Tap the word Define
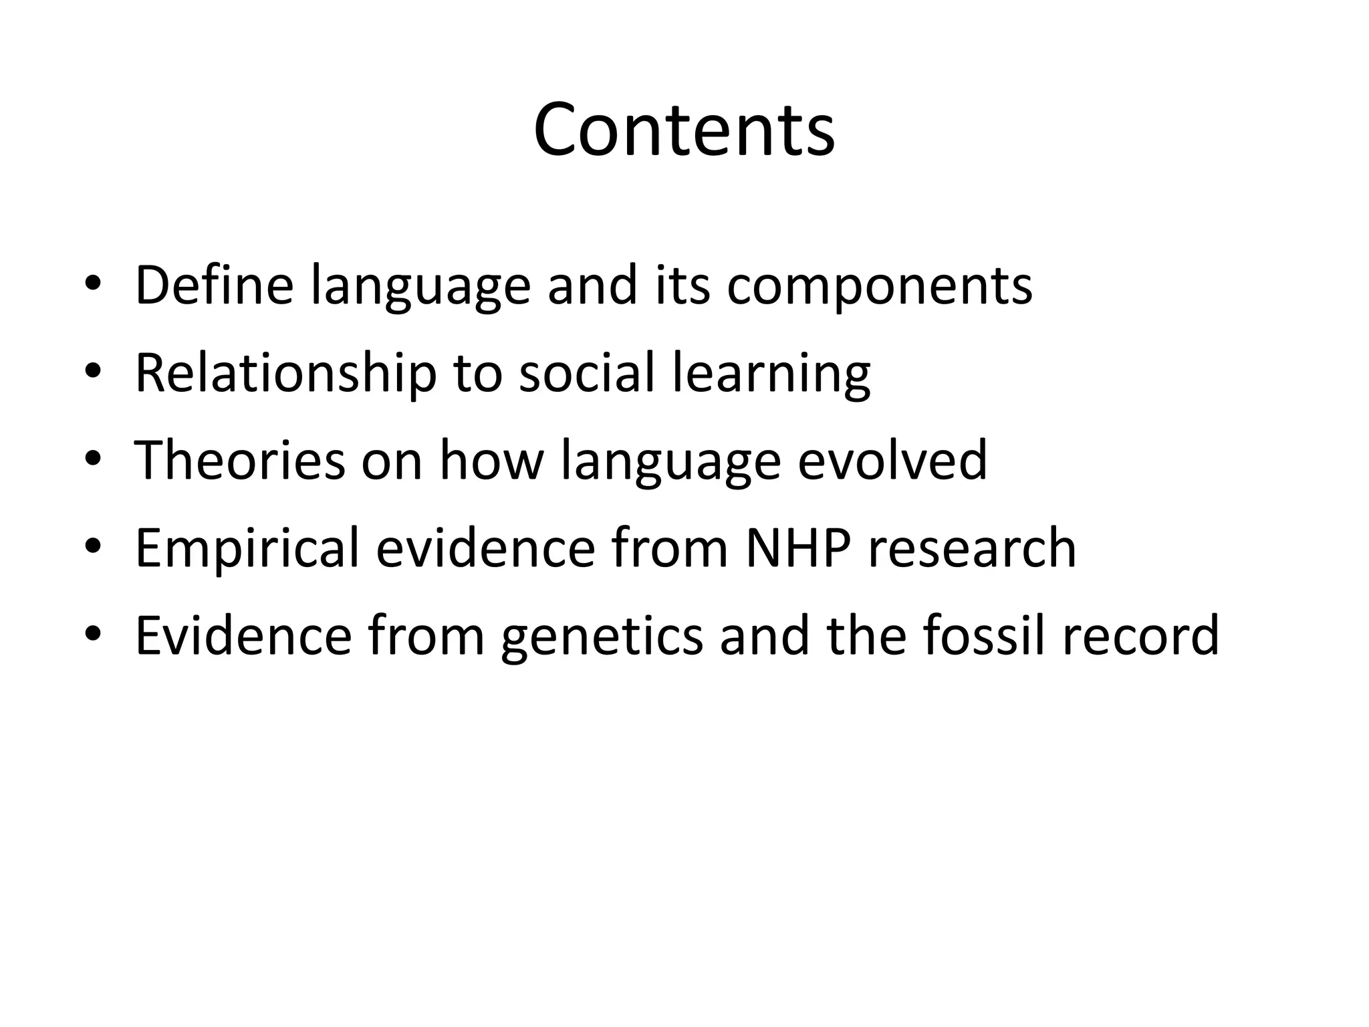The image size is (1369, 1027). click(214, 286)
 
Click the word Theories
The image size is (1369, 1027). click(240, 460)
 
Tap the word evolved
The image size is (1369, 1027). click(892, 460)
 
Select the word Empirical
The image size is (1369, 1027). click(247, 548)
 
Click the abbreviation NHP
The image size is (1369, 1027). click(797, 548)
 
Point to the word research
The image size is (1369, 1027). click(972, 548)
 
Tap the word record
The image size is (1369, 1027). click(1140, 635)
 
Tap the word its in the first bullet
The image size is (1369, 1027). click(682, 286)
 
